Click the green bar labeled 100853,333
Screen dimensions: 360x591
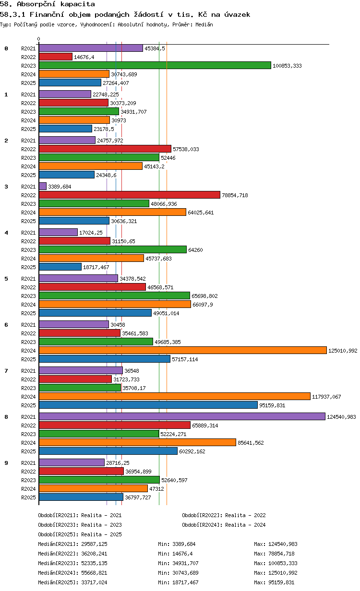(155, 65)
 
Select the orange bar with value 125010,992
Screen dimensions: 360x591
(183, 350)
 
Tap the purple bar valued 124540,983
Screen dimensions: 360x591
(182, 416)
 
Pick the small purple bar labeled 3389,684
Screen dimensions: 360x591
(43, 186)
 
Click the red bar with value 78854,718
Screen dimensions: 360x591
(130, 195)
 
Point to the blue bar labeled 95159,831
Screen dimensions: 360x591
(148, 405)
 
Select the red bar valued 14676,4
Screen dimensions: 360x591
(56, 57)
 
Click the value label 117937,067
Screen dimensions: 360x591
(326, 397)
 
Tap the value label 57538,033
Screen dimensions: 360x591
(186, 149)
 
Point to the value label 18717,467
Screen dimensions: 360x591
(96, 267)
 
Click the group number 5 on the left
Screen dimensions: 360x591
(6, 279)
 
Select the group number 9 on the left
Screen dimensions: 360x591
(6, 463)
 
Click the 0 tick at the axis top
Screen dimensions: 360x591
(39, 39)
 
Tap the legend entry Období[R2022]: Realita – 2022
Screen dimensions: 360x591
(224, 515)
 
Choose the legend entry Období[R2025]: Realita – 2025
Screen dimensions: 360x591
(80, 534)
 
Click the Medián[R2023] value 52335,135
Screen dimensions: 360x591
(94, 563)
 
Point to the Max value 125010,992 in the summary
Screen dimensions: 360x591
(283, 573)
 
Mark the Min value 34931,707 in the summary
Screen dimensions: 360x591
(185, 563)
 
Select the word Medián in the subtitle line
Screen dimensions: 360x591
(204, 24)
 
